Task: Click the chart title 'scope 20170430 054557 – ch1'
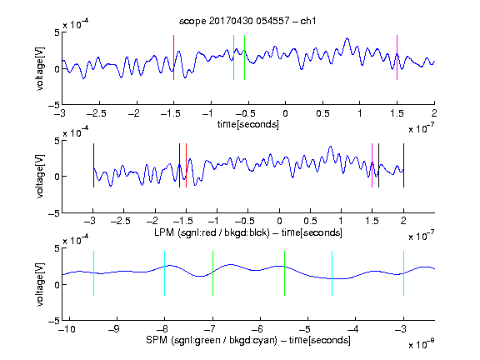pyautogui.click(x=247, y=21)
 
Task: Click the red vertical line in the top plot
pyautogui.click(x=173, y=57)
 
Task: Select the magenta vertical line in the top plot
pyautogui.click(x=397, y=57)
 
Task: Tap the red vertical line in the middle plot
pyautogui.click(x=186, y=165)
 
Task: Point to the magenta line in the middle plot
pyautogui.click(x=372, y=165)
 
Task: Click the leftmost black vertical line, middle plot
pyautogui.click(x=93, y=165)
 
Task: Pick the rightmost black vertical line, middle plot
pyautogui.click(x=403, y=165)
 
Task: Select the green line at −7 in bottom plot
pyautogui.click(x=212, y=273)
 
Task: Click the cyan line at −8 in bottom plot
pyautogui.click(x=165, y=273)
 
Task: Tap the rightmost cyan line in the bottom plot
pyautogui.click(x=403, y=273)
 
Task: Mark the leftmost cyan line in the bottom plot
pyautogui.click(x=93, y=273)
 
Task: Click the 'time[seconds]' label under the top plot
pyautogui.click(x=248, y=124)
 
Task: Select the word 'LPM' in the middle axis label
pyautogui.click(x=164, y=232)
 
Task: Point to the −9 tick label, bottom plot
pyautogui.click(x=114, y=329)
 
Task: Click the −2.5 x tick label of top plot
pyautogui.click(x=97, y=113)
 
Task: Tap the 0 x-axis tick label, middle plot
pyautogui.click(x=279, y=221)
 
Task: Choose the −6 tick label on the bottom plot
pyautogui.click(x=257, y=329)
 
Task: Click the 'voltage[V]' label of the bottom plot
pyautogui.click(x=40, y=284)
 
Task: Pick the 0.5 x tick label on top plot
pyautogui.click(x=322, y=113)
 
